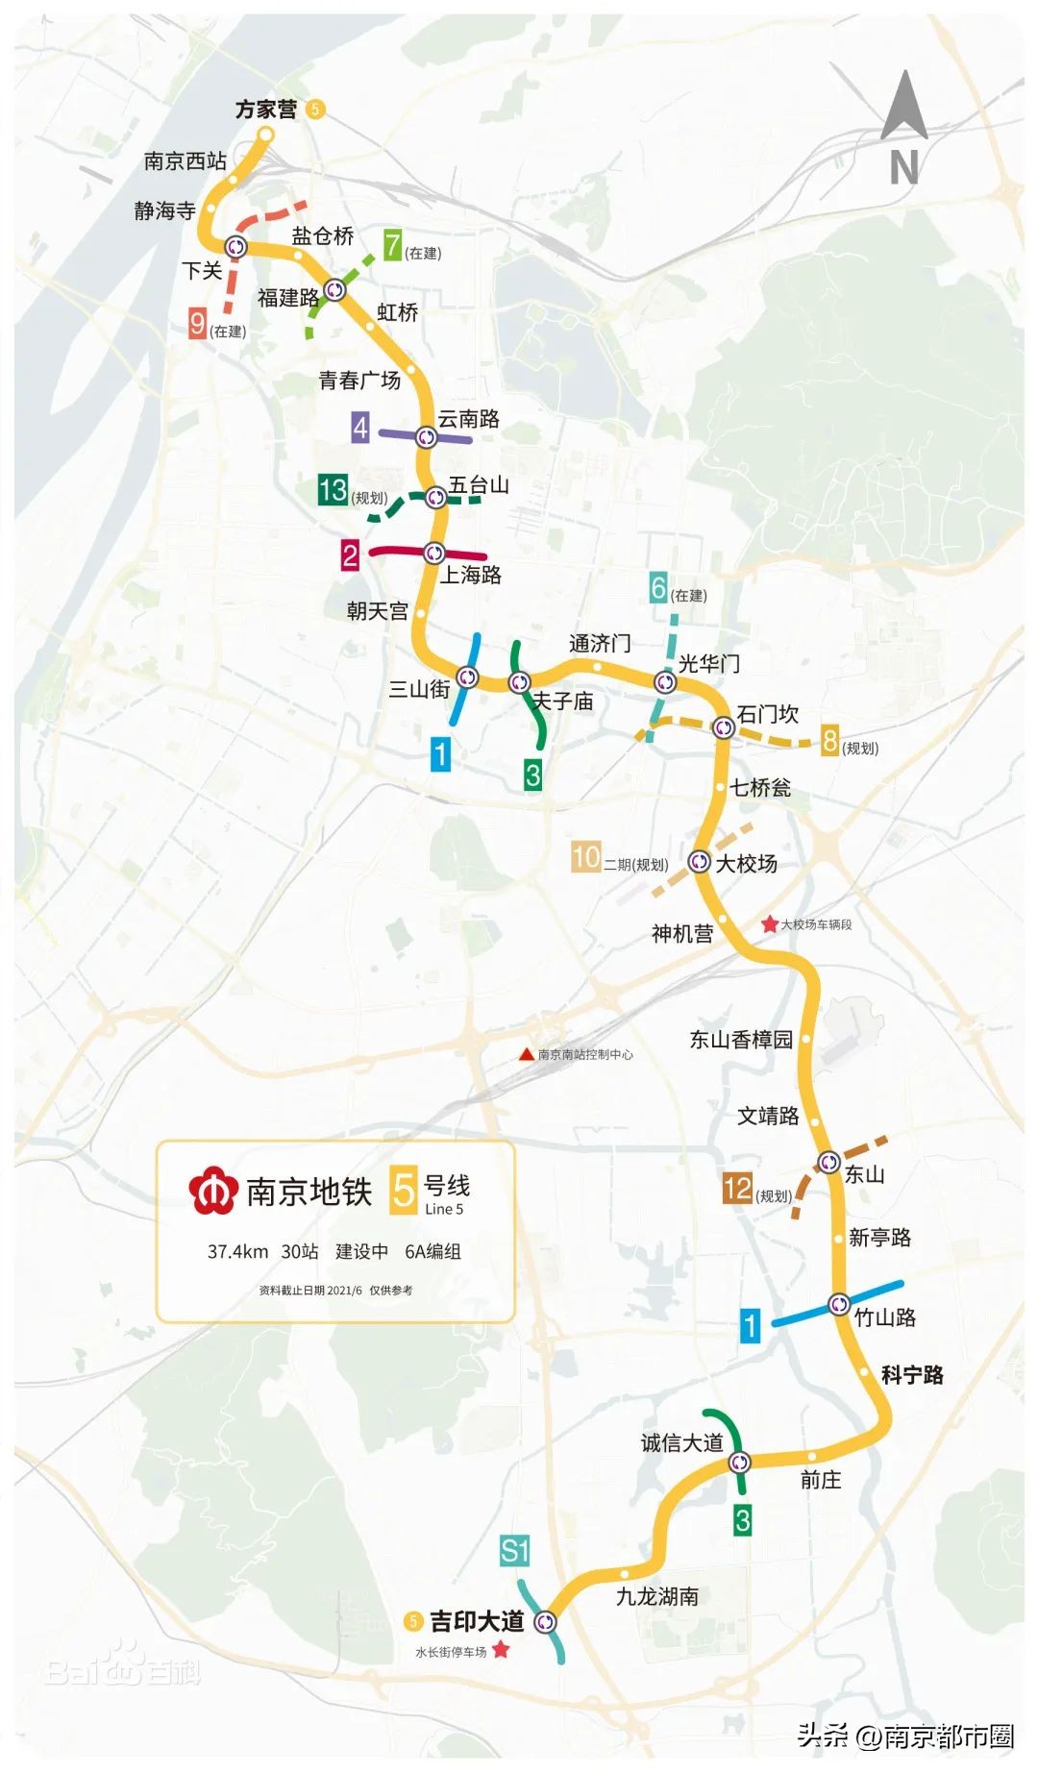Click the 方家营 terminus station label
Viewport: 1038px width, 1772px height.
tap(266, 110)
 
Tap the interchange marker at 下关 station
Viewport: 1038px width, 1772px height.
tap(235, 247)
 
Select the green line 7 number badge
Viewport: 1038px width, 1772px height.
tap(392, 246)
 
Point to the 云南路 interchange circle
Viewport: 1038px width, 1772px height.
tap(426, 437)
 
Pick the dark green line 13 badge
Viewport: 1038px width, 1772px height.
tap(333, 490)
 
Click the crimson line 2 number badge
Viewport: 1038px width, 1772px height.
tap(350, 554)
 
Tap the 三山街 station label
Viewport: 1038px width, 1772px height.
tap(419, 689)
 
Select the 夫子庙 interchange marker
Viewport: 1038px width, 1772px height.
tap(519, 682)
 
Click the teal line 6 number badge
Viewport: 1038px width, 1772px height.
tap(658, 587)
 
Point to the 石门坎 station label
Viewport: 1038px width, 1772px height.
tap(768, 714)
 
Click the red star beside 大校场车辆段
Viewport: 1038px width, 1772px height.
tap(769, 924)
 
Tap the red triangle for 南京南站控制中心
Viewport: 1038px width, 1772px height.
tap(526, 1054)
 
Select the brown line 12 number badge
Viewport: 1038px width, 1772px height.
tap(737, 1189)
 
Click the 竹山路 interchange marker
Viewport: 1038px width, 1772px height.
tap(839, 1305)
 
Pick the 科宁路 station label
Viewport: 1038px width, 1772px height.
tap(912, 1375)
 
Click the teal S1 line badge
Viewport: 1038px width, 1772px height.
tap(514, 1550)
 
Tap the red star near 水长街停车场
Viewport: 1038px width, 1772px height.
tap(500, 1650)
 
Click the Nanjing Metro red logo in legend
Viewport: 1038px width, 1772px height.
tap(212, 1192)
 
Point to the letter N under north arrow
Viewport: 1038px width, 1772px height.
tap(903, 167)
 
